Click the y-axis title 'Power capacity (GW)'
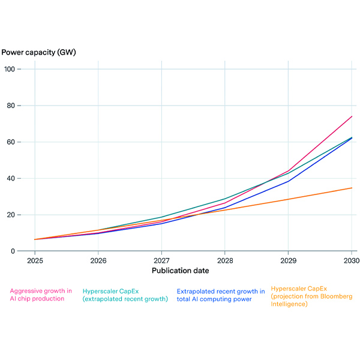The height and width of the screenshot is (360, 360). pos(38,52)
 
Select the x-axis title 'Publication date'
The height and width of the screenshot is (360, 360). pos(181,271)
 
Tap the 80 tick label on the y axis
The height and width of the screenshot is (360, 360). pos(19,106)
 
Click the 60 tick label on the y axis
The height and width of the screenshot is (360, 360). pos(19,142)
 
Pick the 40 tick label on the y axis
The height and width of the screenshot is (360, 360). pos(19,178)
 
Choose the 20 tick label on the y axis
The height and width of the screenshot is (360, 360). pos(19,215)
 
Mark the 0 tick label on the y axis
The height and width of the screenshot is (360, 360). pos(22,251)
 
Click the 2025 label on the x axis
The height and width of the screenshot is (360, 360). pos(35,261)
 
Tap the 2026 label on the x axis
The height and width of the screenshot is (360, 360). pos(98,261)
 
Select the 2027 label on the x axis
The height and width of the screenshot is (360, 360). pos(161,261)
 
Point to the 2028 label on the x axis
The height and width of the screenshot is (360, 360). pos(224,261)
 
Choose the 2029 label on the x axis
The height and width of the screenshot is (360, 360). pos(288,261)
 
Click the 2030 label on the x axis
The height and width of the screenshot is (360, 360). pos(351,261)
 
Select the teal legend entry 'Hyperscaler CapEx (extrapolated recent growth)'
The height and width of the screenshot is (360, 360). pos(125,294)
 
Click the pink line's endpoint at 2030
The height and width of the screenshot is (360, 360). pos(352,116)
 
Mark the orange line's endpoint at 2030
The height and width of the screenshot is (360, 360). pos(352,188)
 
